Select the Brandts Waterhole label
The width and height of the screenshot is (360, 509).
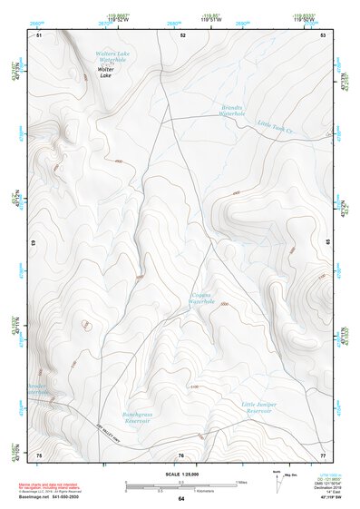click(233, 111)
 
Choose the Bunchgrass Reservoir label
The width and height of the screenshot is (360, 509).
click(136, 417)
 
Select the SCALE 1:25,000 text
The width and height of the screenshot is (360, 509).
click(180, 474)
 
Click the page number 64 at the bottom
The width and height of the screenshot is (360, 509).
click(181, 499)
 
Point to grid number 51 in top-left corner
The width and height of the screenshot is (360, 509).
click(39, 34)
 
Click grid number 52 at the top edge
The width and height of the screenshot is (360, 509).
click(182, 34)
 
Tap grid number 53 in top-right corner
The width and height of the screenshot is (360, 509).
click(323, 34)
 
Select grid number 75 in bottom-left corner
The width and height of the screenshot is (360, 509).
click(39, 454)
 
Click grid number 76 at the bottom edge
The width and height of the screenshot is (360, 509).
click(180, 455)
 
